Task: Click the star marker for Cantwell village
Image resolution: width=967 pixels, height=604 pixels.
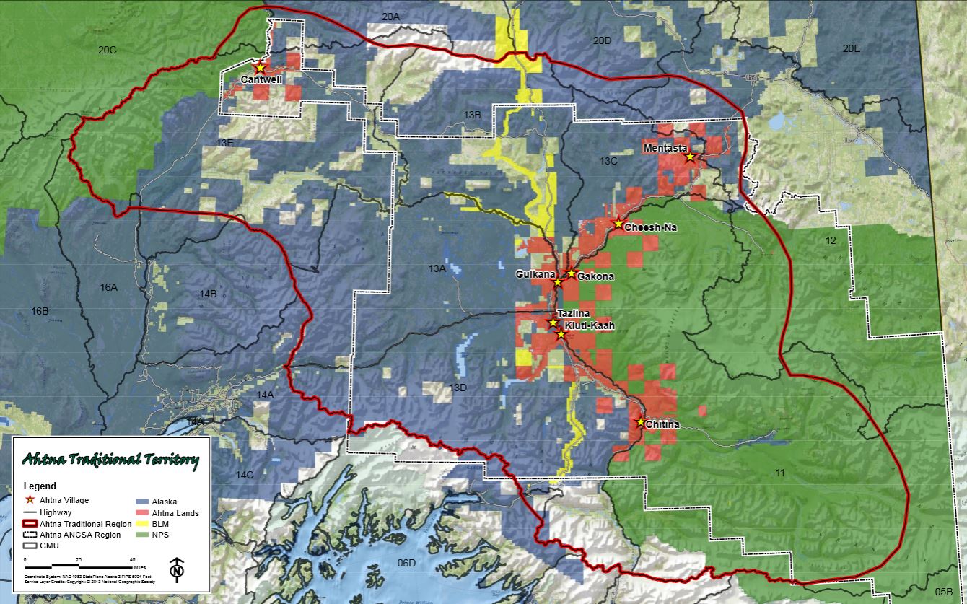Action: click(x=260, y=67)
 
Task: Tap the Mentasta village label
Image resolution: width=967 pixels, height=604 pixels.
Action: click(x=664, y=149)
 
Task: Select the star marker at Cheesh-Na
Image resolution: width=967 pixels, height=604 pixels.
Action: click(x=618, y=224)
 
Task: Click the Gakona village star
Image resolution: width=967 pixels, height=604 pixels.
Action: click(x=571, y=273)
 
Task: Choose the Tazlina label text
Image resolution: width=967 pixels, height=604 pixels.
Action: click(x=574, y=313)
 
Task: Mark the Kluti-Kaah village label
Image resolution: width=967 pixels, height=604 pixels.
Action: click(x=590, y=325)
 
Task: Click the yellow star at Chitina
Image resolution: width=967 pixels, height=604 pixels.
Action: click(x=639, y=422)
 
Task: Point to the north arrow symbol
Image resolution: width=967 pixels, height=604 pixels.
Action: click(x=175, y=570)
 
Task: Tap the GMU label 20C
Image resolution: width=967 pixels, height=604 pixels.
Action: click(x=107, y=49)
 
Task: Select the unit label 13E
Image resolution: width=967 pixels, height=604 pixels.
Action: click(x=224, y=143)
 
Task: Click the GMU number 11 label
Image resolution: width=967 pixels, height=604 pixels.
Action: click(x=779, y=472)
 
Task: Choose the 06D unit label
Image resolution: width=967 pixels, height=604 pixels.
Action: click(x=406, y=563)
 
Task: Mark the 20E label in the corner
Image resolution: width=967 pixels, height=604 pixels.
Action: click(x=852, y=48)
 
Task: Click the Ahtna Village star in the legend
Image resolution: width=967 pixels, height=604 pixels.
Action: click(x=30, y=499)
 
